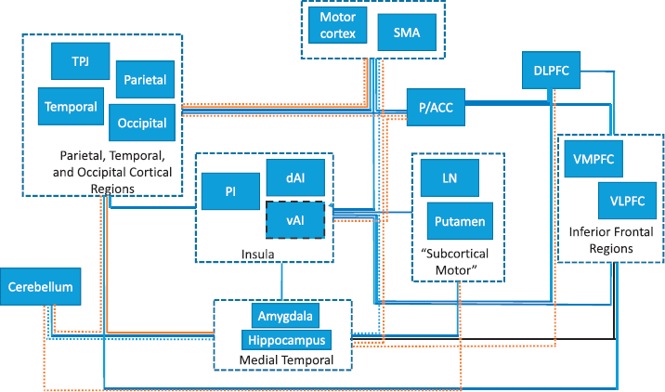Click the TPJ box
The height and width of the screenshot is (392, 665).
coord(81,61)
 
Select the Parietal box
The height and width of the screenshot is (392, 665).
coord(145,79)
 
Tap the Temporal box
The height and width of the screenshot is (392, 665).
coord(71,107)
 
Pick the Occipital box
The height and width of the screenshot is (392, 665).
coord(142,123)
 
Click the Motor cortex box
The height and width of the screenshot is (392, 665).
coord(337,25)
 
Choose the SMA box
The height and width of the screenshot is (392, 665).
coord(407,33)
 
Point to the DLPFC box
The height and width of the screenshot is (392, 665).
coord(551,71)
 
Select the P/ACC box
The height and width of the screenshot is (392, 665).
coord(436,108)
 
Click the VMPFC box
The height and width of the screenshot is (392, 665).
coord(593,159)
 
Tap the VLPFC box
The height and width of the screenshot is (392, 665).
coord(627,201)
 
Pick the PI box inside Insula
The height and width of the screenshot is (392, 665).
coord(230,191)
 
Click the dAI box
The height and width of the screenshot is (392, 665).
coord(295,177)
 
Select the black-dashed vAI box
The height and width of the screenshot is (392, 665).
coord(295,220)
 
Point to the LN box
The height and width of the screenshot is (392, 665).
coord(450,177)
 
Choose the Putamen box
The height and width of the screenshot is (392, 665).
coord(460,221)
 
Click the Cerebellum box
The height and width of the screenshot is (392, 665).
coord(40,286)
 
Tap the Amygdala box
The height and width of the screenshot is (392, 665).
coord(285,316)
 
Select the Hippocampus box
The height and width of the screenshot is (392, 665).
coord(287,340)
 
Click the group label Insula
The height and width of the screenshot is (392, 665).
coord(258,255)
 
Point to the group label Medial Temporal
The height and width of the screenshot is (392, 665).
coord(287,360)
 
